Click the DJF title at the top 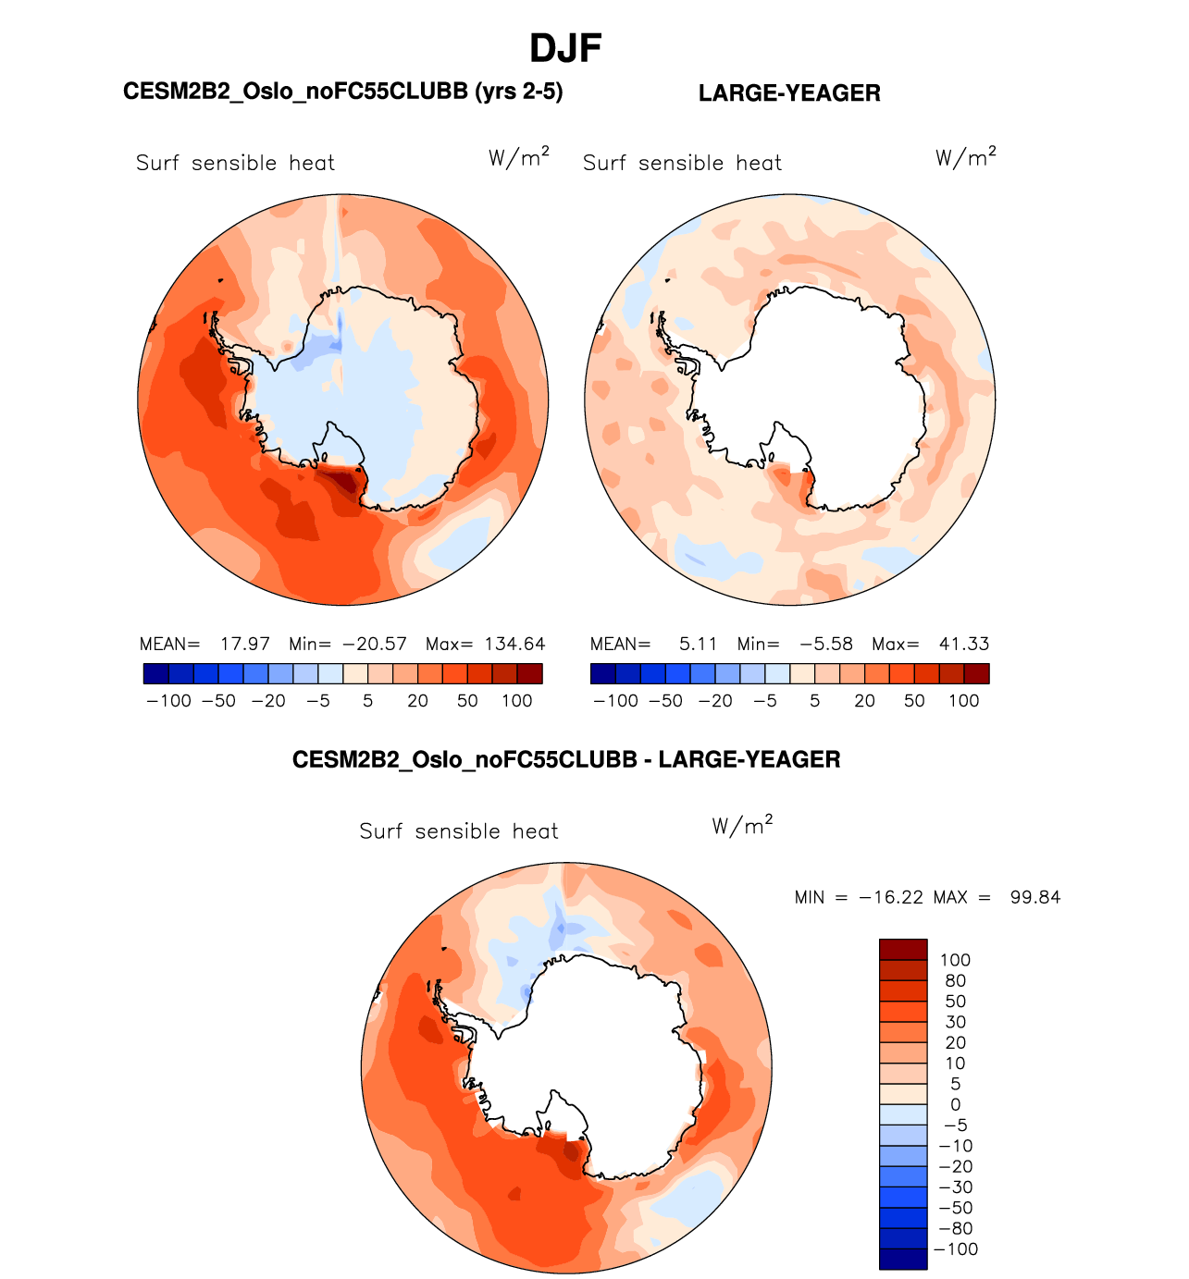click(x=565, y=48)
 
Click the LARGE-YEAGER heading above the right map click(x=789, y=93)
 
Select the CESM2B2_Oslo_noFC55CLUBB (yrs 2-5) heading click(x=342, y=92)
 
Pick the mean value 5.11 click(x=698, y=644)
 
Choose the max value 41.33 click(x=964, y=644)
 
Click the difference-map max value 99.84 click(x=1035, y=897)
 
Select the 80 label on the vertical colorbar click(x=955, y=981)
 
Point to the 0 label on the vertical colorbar click(x=955, y=1105)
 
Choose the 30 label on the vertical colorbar click(x=955, y=1023)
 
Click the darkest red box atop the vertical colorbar click(x=902, y=950)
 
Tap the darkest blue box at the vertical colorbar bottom click(x=902, y=1259)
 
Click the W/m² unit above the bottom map click(x=742, y=825)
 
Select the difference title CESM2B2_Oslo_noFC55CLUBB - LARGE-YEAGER click(x=566, y=760)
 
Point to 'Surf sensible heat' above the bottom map click(x=459, y=831)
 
